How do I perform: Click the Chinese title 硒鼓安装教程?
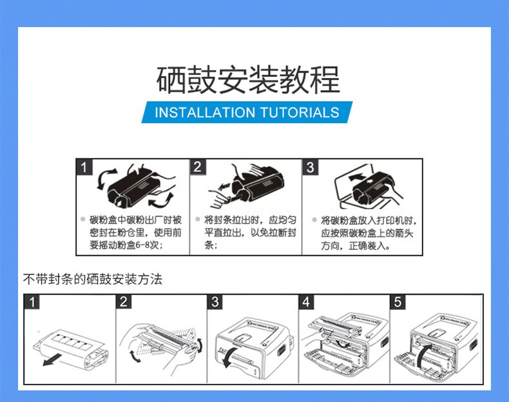click(248, 81)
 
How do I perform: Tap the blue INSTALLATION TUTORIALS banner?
click(247, 113)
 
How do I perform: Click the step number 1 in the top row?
click(83, 167)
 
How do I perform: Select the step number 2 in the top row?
click(198, 167)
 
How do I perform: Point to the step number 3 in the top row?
click(310, 167)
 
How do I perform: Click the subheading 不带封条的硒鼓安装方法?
click(93, 279)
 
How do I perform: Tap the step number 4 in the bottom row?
click(306, 302)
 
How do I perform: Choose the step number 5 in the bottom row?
click(398, 302)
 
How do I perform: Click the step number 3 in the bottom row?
click(215, 302)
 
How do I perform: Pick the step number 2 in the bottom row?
click(124, 302)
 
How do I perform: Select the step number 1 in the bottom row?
click(33, 302)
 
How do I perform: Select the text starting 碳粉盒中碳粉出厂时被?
click(135, 220)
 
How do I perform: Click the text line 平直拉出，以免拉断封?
click(251, 233)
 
